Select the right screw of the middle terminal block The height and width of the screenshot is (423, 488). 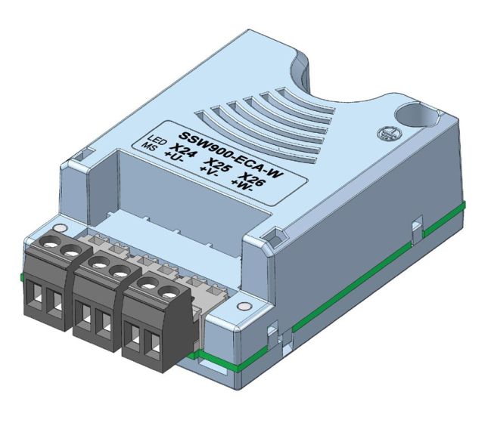click(118, 269)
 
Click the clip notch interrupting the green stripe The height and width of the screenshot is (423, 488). click(414, 227)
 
